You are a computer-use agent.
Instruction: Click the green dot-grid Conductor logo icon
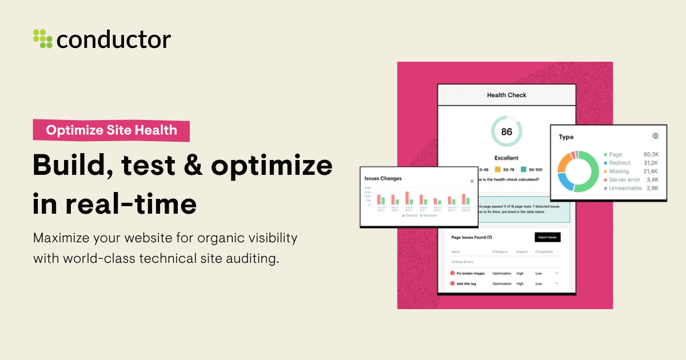point(43,38)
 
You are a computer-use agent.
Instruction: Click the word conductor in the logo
point(114,39)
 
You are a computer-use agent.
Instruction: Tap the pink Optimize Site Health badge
point(111,130)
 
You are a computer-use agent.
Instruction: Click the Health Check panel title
point(506,95)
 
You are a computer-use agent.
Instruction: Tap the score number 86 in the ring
point(506,131)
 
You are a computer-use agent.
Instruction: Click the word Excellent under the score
point(506,158)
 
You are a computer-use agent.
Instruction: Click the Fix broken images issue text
point(470,273)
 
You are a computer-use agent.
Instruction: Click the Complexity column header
point(544,251)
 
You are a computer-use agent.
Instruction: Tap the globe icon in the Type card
point(655,136)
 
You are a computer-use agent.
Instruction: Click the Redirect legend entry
point(620,163)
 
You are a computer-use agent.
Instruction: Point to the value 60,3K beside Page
point(651,154)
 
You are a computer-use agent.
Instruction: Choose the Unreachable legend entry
point(625,188)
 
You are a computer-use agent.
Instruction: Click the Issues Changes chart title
point(383,178)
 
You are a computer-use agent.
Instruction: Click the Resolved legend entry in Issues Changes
point(429,215)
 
